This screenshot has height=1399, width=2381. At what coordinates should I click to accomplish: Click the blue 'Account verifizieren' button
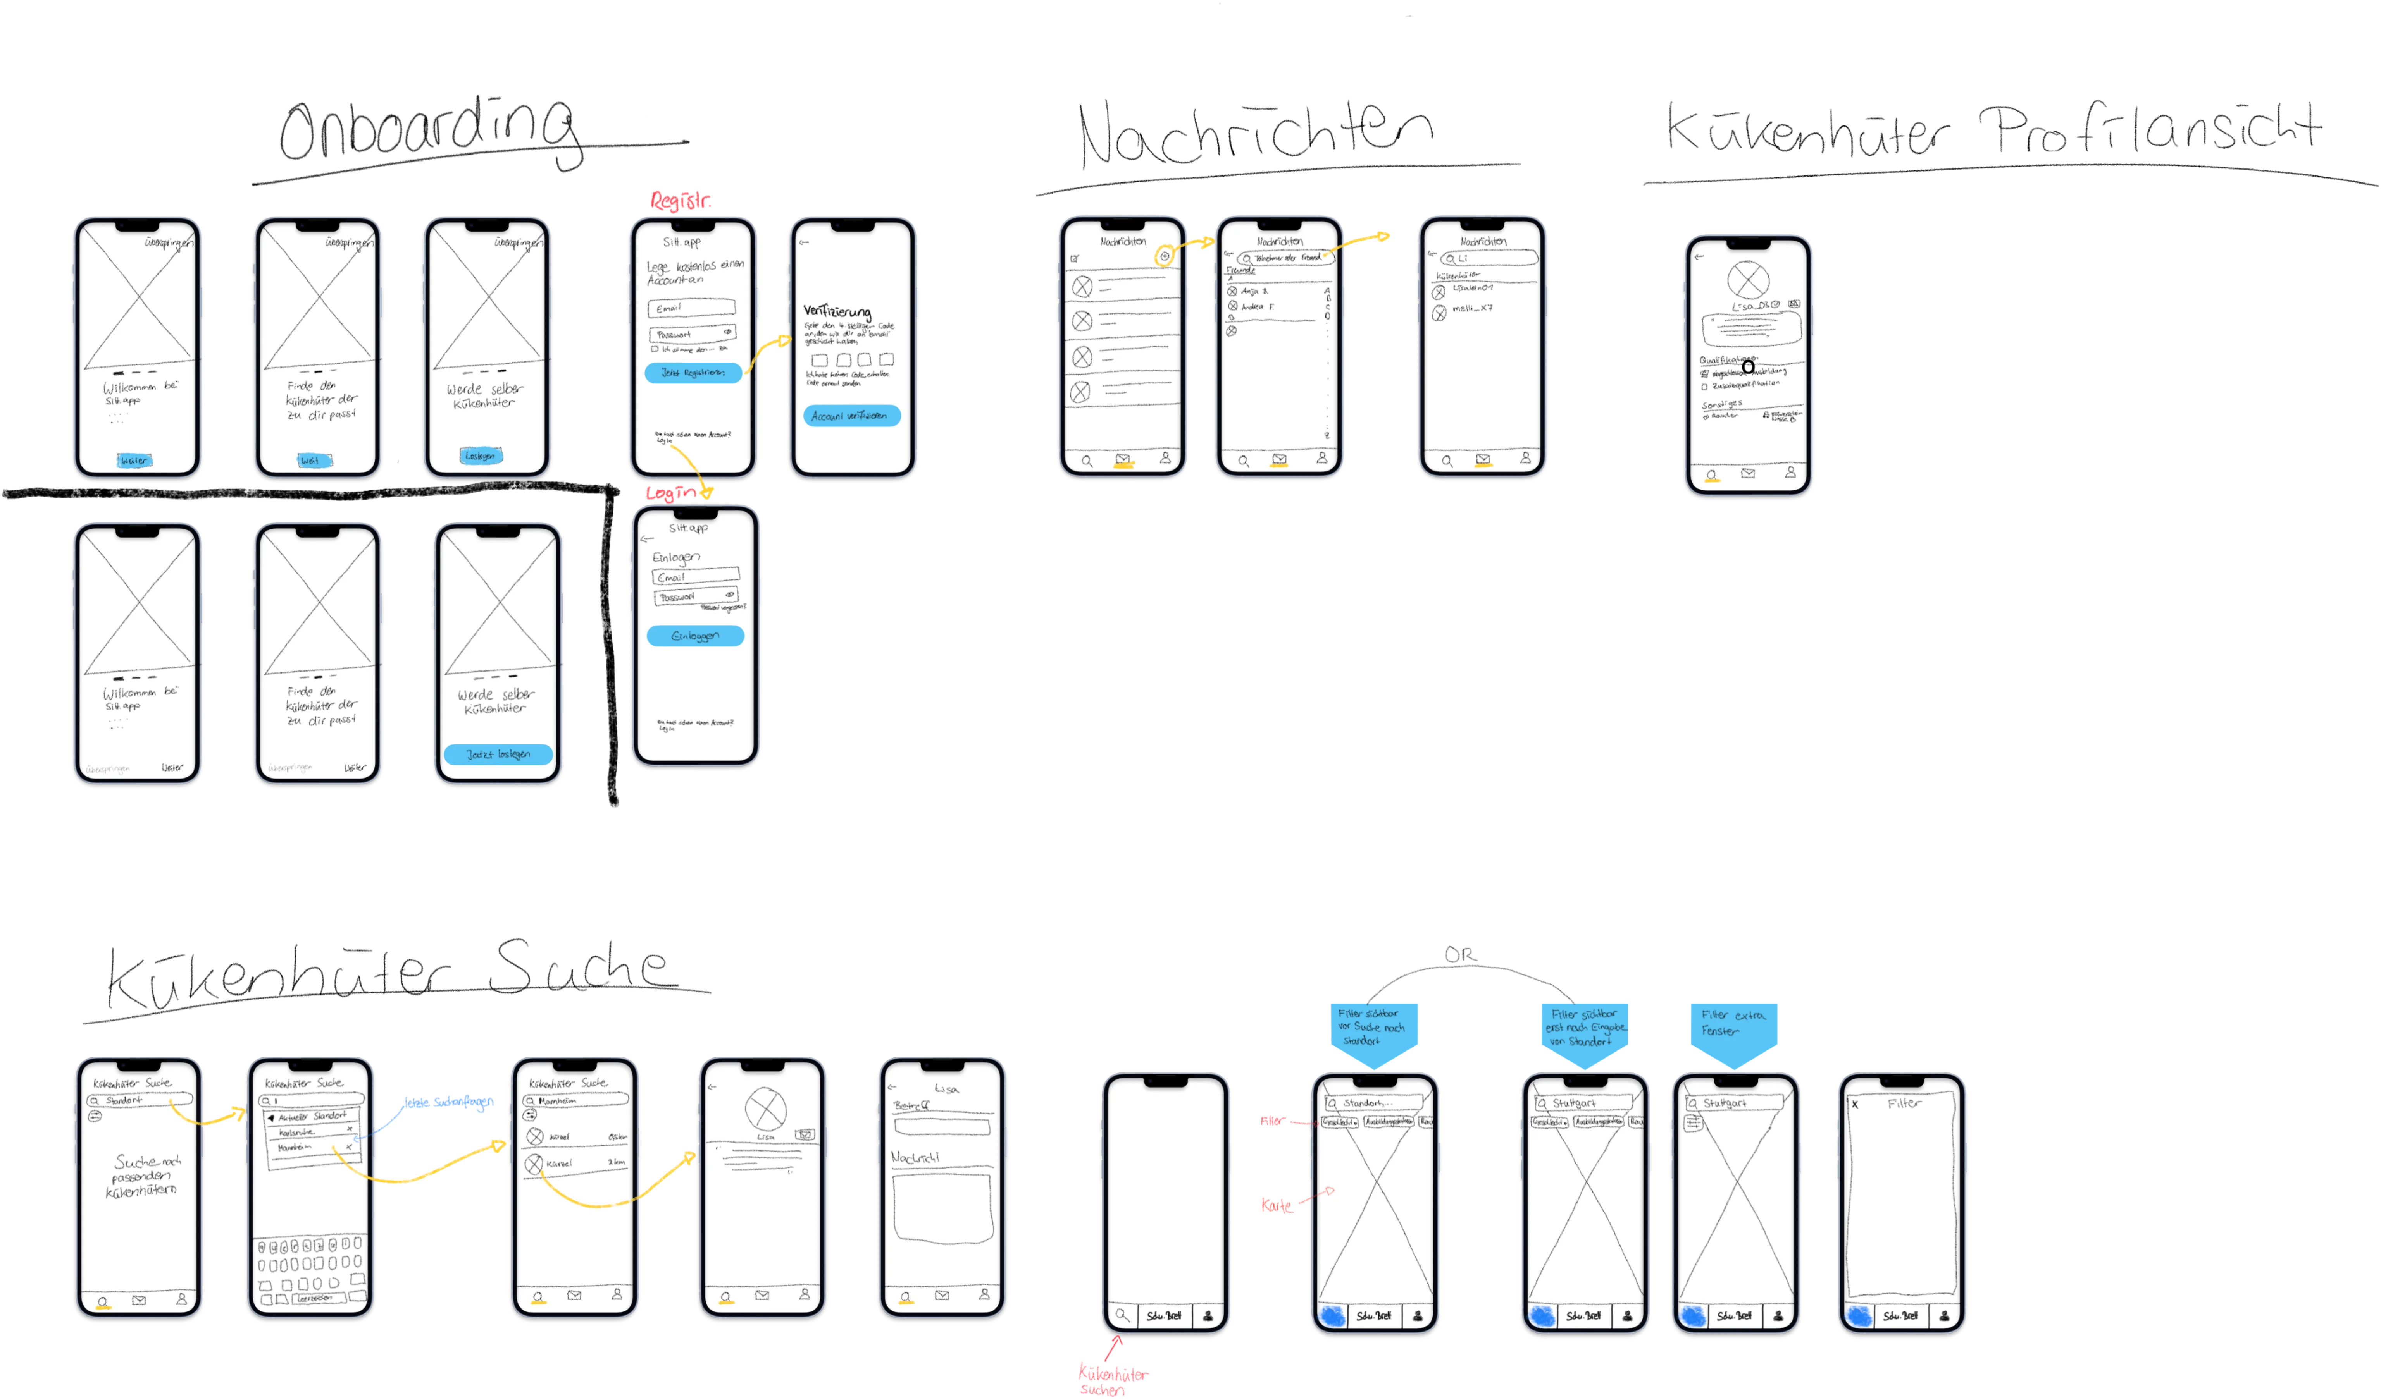click(x=851, y=416)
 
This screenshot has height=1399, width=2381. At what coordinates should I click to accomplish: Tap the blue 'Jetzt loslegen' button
click(x=498, y=754)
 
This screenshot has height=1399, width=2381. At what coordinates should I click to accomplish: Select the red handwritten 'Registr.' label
click(x=680, y=200)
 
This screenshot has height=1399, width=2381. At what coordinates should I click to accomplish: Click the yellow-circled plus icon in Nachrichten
click(x=1165, y=256)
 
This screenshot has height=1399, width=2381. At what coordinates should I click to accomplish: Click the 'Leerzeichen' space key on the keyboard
click(x=315, y=1299)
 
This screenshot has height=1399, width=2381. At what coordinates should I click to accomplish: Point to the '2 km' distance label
click(x=616, y=1162)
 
